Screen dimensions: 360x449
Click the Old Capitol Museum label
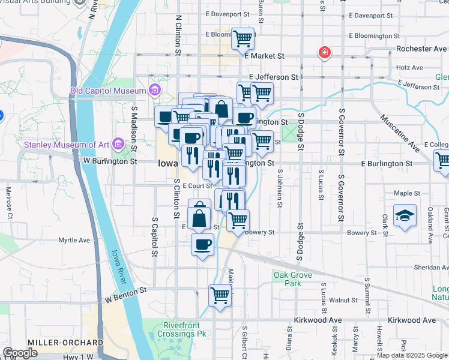pos(108,91)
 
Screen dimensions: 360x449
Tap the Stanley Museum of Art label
pos(66,144)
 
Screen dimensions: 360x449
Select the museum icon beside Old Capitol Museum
pos(155,91)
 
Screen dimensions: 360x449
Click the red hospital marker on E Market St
pos(325,53)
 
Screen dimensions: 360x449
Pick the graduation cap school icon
pos(405,216)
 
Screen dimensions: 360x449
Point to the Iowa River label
pos(120,266)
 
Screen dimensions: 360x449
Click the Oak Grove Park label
pos(287,279)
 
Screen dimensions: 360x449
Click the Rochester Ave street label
pos(422,49)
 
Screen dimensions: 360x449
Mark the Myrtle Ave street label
pos(74,241)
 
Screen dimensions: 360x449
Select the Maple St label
pos(407,193)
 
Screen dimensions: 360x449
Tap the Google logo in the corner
pos(20,353)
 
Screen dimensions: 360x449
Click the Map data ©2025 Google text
pos(412,355)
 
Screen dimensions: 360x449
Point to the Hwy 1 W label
pos(79,356)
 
